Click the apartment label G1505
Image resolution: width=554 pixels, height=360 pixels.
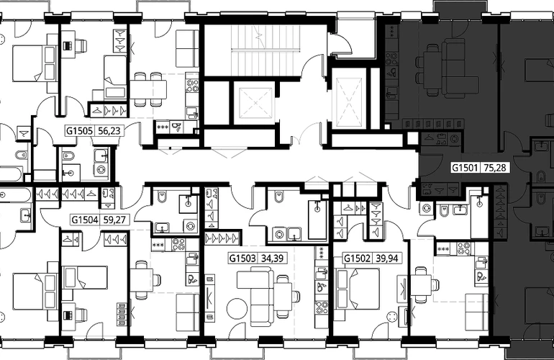tap(79, 131)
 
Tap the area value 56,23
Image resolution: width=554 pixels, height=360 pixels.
tap(109, 131)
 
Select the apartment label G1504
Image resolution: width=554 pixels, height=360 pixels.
tap(85, 220)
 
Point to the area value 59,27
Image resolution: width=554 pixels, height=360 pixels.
tap(114, 220)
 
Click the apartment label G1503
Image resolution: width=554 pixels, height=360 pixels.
tap(242, 258)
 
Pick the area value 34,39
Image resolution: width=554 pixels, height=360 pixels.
tap(272, 258)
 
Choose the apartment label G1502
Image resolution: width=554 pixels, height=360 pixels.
tap(357, 258)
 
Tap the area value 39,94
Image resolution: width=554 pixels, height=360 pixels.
tap(387, 258)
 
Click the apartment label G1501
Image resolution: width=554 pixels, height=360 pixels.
tap(466, 167)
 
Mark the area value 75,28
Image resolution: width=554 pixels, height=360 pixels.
tap(495, 167)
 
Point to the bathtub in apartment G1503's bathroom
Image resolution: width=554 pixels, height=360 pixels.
tap(318, 220)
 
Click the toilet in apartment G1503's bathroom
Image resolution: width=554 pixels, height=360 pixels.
tap(279, 197)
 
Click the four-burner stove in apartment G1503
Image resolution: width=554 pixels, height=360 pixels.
tap(322, 308)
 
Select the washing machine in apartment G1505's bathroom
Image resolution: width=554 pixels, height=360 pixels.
tap(101, 170)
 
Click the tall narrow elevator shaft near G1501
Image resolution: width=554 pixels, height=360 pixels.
tap(349, 98)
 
